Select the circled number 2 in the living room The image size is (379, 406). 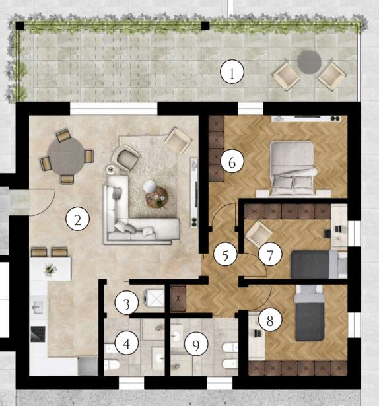click(78, 219)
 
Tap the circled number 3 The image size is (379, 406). click(127, 303)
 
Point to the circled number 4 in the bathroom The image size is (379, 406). click(127, 343)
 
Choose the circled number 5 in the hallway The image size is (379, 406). click(225, 255)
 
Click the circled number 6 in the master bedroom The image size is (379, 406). click(232, 162)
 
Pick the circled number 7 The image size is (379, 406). click(270, 254)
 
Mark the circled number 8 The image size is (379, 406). click(270, 320)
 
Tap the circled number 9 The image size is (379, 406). click(196, 344)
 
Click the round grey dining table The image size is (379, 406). click(67, 156)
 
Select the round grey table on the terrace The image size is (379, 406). click(309, 62)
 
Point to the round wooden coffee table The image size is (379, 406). click(156, 197)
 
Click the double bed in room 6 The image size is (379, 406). click(293, 168)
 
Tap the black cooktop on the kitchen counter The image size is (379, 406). click(38, 334)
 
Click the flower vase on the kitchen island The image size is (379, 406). click(50, 269)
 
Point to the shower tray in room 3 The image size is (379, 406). click(155, 298)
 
